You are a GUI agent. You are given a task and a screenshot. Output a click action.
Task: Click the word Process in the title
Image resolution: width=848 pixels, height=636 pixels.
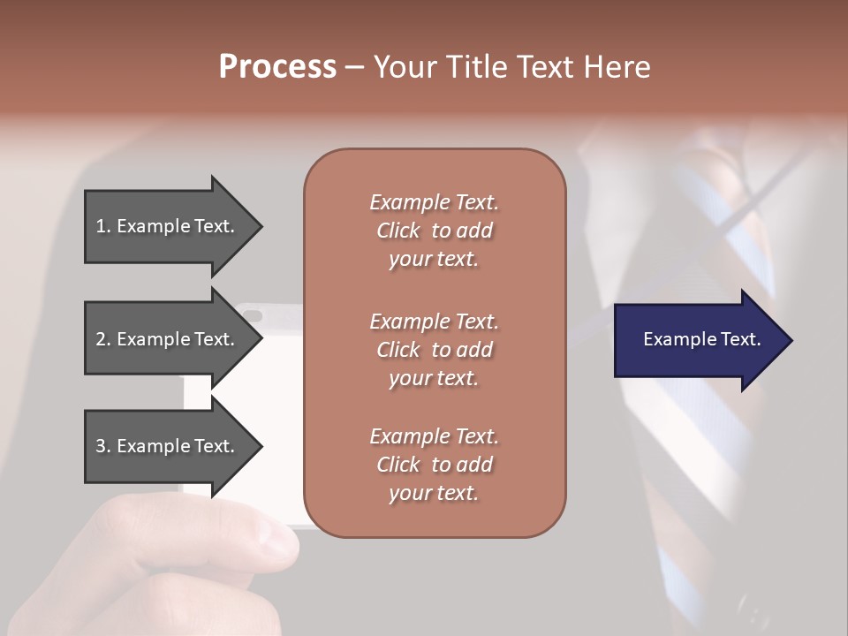pyautogui.click(x=277, y=67)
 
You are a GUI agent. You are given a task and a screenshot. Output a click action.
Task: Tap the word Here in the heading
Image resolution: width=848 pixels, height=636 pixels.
pyautogui.click(x=617, y=67)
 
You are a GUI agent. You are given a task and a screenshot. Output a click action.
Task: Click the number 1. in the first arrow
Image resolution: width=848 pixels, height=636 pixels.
pyautogui.click(x=103, y=226)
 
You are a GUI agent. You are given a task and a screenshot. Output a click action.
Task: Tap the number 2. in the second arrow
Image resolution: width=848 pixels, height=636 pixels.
pyautogui.click(x=103, y=339)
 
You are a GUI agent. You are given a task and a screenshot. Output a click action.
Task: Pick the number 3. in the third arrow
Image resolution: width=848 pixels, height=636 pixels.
pyautogui.click(x=103, y=446)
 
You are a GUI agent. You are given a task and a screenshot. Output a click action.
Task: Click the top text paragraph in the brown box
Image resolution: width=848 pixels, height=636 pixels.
pyautogui.click(x=434, y=231)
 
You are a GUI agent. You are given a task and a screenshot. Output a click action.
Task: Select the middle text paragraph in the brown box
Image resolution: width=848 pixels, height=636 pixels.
pyautogui.click(x=434, y=349)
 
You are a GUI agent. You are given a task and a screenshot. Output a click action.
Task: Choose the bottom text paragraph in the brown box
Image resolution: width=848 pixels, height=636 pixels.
pyautogui.click(x=434, y=465)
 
